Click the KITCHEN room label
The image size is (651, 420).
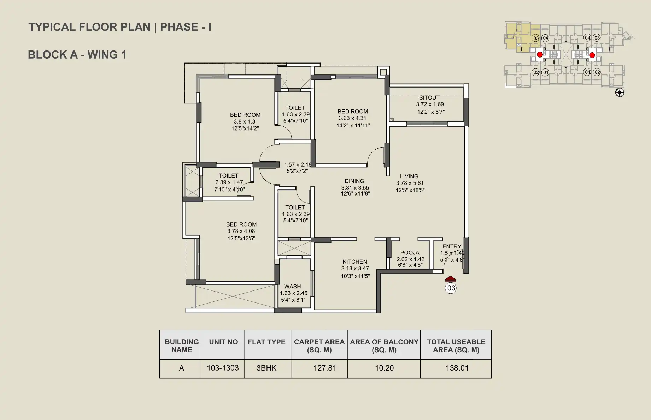[x=355, y=262]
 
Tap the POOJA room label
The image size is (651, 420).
[x=410, y=253]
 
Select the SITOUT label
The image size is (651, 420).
[x=429, y=98]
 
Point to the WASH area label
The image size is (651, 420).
[x=293, y=287]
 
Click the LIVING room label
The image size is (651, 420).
[x=409, y=176]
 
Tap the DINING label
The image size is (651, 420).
[x=354, y=181]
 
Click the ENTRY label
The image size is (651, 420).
[x=452, y=246]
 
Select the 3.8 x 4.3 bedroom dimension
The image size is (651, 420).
[x=244, y=122]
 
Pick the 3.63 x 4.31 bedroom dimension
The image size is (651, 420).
[x=352, y=118]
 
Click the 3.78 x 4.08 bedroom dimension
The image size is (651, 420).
[x=241, y=231]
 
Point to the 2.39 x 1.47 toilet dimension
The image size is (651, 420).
[x=229, y=182]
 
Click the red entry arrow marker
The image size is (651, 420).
[x=450, y=279]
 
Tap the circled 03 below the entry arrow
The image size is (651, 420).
[x=451, y=288]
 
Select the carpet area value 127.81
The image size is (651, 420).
[x=324, y=368]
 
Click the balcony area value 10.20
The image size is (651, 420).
[x=384, y=368]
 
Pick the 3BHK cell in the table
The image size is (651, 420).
[x=266, y=368]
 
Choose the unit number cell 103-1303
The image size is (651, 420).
[x=223, y=368]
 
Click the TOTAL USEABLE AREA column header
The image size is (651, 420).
[x=456, y=346]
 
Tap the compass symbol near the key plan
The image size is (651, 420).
[x=620, y=93]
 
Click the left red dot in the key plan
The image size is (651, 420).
[x=540, y=55]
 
